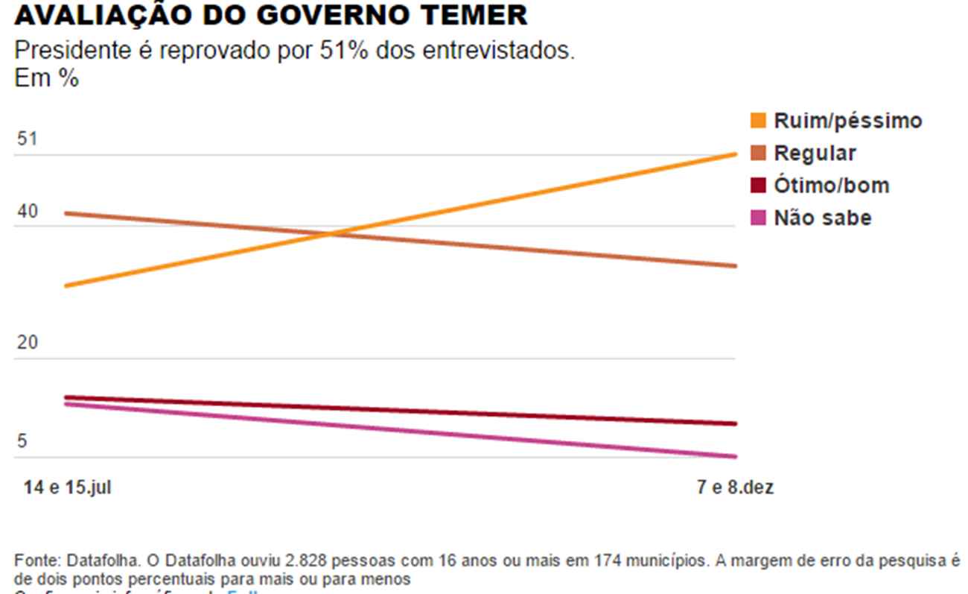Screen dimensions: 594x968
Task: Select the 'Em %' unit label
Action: tap(46, 78)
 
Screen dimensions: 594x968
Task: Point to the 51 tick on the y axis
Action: tap(27, 139)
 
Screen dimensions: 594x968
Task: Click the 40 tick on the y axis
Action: tap(27, 212)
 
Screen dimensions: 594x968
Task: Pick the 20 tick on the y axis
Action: tap(27, 344)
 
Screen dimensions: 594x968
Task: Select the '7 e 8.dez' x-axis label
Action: tap(735, 487)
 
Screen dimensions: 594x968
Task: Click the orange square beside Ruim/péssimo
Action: tap(759, 120)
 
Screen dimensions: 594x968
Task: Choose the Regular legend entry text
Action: tap(815, 153)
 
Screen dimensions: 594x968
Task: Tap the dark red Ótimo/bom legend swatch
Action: tap(759, 185)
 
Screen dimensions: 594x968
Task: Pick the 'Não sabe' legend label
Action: tap(822, 218)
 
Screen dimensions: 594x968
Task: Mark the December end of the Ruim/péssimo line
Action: tap(735, 154)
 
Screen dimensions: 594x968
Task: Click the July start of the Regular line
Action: tap(67, 213)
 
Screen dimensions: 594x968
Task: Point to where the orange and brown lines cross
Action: tap(331, 234)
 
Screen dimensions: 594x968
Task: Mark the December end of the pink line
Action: tap(735, 456)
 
